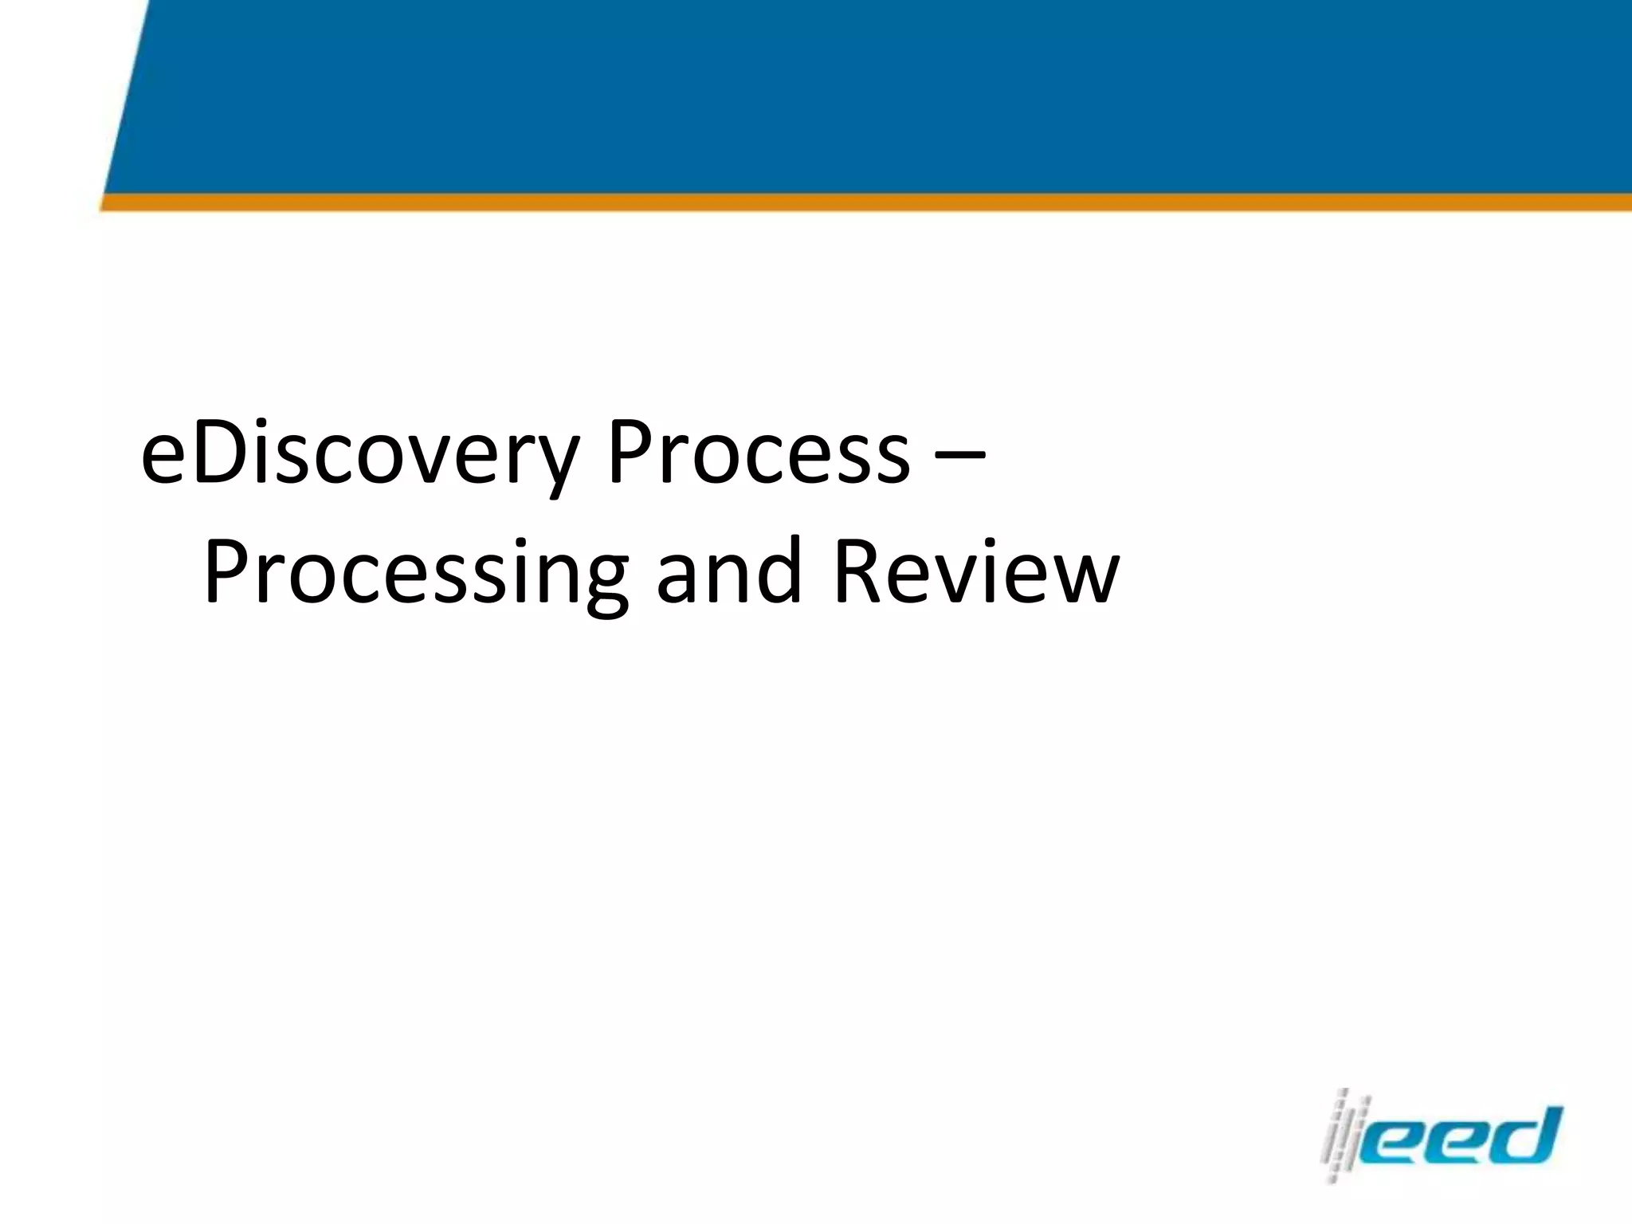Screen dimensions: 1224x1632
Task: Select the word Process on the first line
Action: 758,454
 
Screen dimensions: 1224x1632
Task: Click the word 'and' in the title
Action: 728,571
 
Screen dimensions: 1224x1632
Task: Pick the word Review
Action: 977,571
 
